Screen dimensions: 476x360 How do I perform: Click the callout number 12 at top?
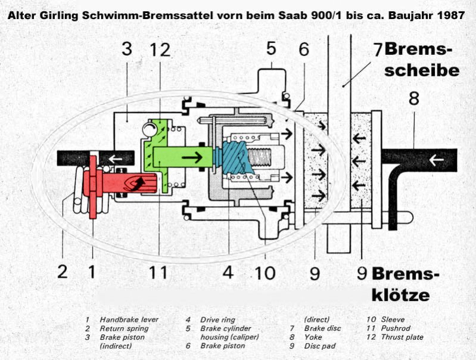pyautogui.click(x=160, y=49)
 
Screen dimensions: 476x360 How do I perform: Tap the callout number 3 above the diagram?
pyautogui.click(x=127, y=49)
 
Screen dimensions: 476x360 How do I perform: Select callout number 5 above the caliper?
pyautogui.click(x=271, y=48)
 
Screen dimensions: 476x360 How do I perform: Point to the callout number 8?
pyautogui.click(x=414, y=98)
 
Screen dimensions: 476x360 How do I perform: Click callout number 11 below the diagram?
pyautogui.click(x=158, y=272)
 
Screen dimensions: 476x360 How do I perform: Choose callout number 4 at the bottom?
pyautogui.click(x=228, y=272)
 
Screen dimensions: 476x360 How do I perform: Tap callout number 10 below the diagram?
pyautogui.click(x=265, y=272)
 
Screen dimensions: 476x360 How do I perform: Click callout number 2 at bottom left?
pyautogui.click(x=63, y=271)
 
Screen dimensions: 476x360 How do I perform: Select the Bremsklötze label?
pyautogui.click(x=405, y=284)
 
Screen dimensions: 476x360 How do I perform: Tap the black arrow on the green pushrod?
pyautogui.click(x=192, y=157)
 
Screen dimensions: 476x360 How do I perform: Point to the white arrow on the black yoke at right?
pyautogui.click(x=436, y=160)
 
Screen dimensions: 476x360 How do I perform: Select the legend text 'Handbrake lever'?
pyautogui.click(x=129, y=319)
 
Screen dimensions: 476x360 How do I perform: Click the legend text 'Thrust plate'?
pyautogui.click(x=402, y=337)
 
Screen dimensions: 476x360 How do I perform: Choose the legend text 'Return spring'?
pyautogui.click(x=124, y=328)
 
